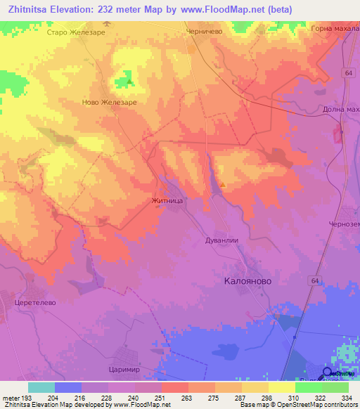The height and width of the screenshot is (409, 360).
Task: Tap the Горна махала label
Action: point(333,29)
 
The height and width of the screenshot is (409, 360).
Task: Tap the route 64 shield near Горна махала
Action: point(349,72)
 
